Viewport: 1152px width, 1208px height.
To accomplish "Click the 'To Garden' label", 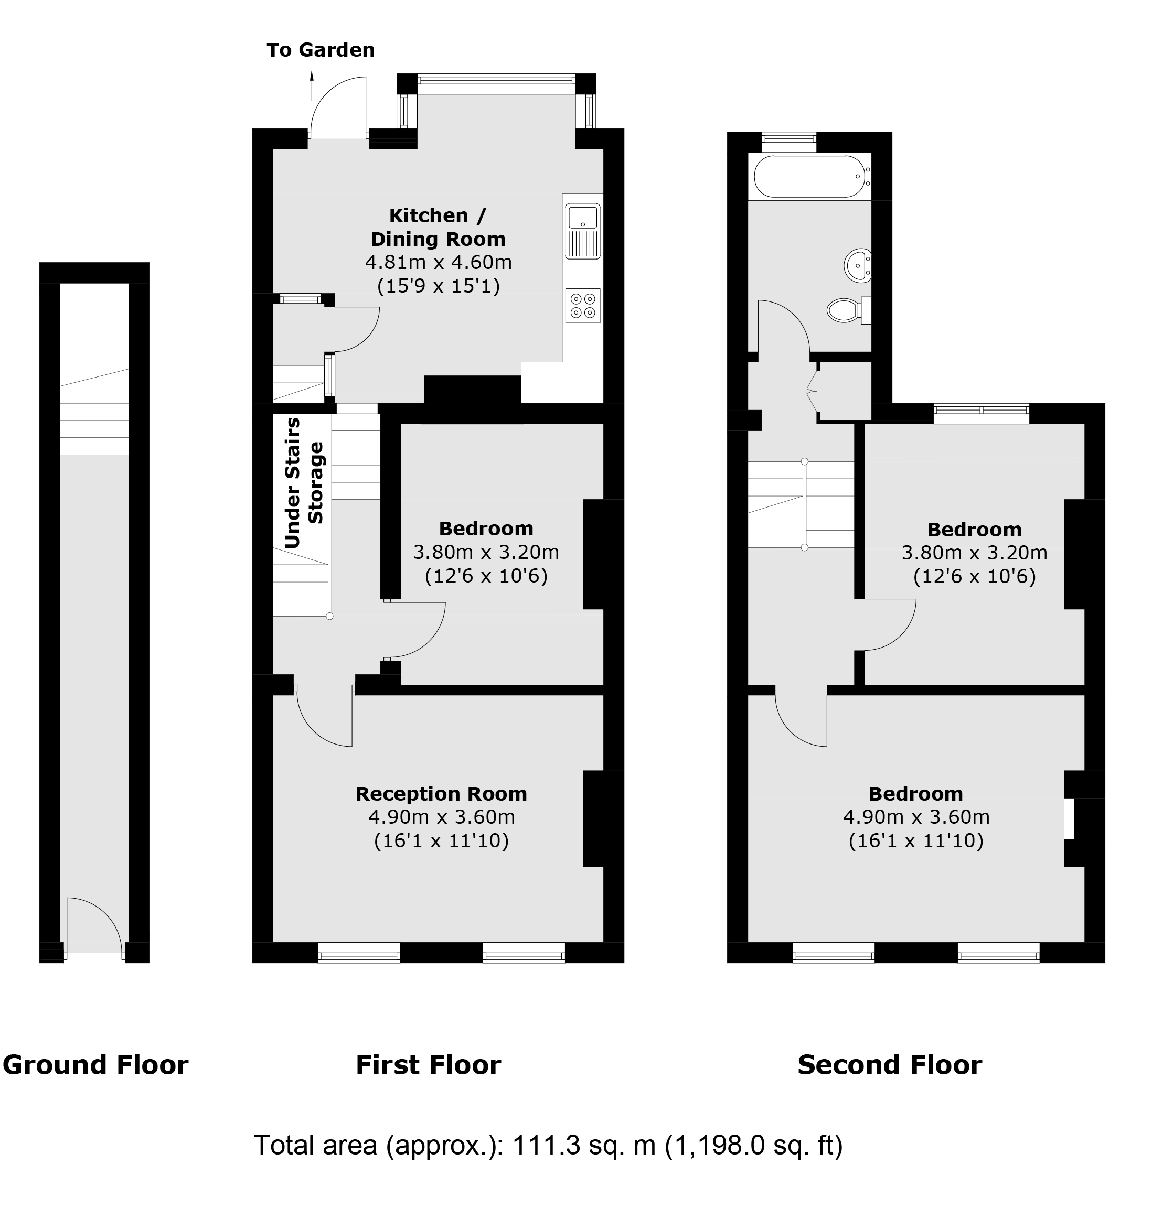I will coord(320,50).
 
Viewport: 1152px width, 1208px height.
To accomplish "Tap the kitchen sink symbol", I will coord(582,230).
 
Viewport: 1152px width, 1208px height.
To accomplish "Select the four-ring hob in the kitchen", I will coord(582,306).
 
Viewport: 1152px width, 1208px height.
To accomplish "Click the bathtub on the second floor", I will coord(809,176).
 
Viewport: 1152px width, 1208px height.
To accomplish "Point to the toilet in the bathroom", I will coord(847,310).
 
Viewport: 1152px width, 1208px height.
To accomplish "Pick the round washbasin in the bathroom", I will coord(858,265).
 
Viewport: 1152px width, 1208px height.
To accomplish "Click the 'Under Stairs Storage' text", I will coord(304,482).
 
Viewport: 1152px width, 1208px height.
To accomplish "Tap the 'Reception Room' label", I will coord(441,794).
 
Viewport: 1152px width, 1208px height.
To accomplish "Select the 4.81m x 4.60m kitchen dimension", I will coord(438,262).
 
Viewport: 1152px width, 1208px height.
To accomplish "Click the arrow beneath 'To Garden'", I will coord(312,85).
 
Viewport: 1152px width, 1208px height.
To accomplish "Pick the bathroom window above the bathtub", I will coord(788,142).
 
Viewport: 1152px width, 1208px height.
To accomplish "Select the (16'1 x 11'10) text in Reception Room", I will coord(441,840).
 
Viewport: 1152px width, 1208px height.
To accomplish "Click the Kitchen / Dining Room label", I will coord(438,227).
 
